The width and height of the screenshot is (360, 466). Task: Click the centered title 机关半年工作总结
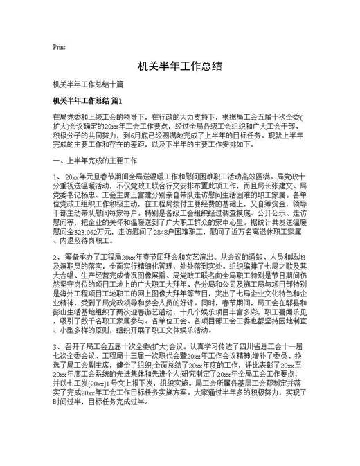[179, 66]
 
